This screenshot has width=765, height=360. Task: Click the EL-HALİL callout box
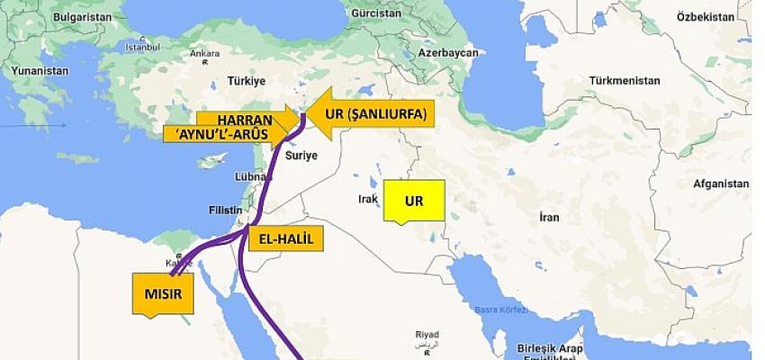point(283,238)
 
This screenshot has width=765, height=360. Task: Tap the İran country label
point(548,217)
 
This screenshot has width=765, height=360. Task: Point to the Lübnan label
point(247,177)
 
